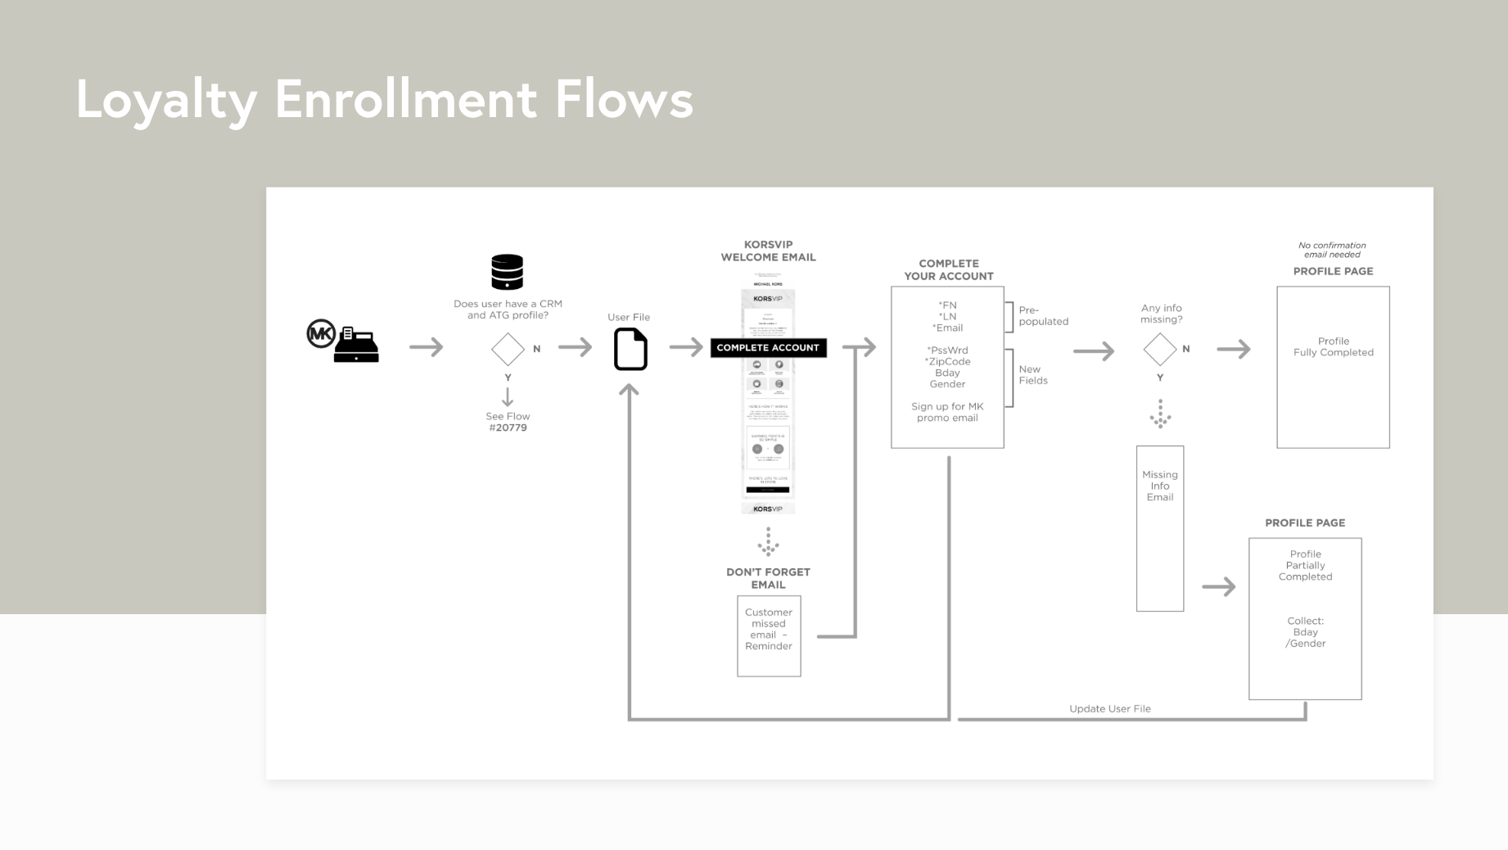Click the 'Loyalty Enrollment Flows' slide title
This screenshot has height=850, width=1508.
point(384,100)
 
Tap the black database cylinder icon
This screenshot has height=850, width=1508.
point(507,272)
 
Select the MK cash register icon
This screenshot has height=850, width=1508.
point(344,341)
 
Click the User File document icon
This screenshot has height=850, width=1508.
point(630,349)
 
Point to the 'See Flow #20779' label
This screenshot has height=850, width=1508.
point(508,422)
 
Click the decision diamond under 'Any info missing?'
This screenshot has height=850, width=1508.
point(1159,349)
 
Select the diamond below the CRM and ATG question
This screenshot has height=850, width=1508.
point(508,349)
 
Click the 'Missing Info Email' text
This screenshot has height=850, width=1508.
point(1159,486)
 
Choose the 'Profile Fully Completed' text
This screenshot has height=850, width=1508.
point(1333,346)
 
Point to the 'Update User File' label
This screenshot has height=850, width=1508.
point(1109,708)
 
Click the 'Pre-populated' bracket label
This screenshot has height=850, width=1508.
point(1042,316)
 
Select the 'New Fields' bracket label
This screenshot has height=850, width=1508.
point(1032,375)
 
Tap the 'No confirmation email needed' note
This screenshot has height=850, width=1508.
point(1332,250)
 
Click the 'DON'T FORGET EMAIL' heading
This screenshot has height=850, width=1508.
point(768,578)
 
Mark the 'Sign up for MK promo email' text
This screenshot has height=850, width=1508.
point(947,412)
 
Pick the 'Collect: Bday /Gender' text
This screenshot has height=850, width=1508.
point(1305,632)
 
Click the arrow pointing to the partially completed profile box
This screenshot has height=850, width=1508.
point(1218,586)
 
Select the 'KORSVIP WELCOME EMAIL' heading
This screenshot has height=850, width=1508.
point(768,251)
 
